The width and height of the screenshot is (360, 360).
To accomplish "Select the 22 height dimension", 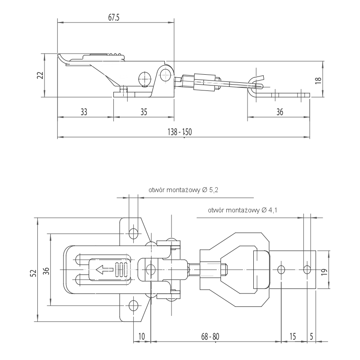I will pyautogui.click(x=40, y=75).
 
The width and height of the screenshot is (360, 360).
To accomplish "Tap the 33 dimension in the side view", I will pyautogui.click(x=84, y=112).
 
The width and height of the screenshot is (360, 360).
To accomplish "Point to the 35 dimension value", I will pyautogui.click(x=144, y=112).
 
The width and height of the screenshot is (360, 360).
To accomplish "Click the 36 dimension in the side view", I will pyautogui.click(x=279, y=112).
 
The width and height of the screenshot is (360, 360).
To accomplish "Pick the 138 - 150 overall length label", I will pyautogui.click(x=180, y=132).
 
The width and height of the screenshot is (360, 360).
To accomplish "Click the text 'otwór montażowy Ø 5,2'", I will pyautogui.click(x=183, y=190).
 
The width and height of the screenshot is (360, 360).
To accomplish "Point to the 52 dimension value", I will pyautogui.click(x=32, y=273).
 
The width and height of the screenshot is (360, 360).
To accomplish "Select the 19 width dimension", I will pyautogui.click(x=324, y=272).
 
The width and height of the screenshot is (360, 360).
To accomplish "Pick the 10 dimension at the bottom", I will pyautogui.click(x=142, y=336).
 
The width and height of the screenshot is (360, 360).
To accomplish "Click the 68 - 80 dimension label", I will pyautogui.click(x=210, y=336).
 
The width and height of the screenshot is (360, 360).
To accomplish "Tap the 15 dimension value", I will pyautogui.click(x=292, y=336).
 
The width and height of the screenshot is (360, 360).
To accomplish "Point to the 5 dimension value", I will pyautogui.click(x=311, y=336).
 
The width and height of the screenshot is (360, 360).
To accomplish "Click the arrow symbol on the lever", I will pyautogui.click(x=104, y=270).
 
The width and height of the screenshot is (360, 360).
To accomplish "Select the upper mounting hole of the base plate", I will pyautogui.click(x=133, y=233).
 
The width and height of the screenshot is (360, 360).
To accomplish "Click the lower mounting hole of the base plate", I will pyautogui.click(x=133, y=306).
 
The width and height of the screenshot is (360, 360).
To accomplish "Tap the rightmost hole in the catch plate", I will pyautogui.click(x=307, y=270).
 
